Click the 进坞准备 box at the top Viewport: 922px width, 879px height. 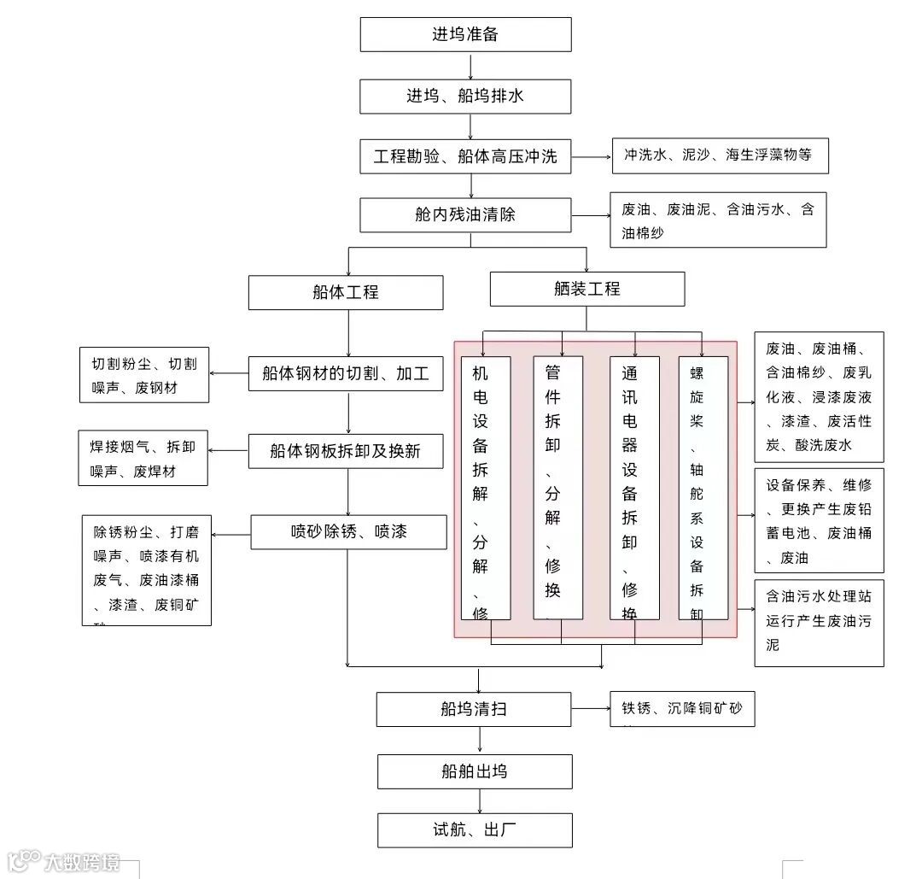click(465, 34)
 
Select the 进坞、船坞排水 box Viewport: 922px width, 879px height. click(465, 96)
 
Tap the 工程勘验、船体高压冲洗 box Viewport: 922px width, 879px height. click(465, 156)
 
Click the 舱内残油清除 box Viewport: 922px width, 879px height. click(465, 214)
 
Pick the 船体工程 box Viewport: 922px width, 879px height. click(346, 292)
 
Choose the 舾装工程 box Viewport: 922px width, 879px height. click(587, 289)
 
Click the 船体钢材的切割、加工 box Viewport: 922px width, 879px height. click(346, 373)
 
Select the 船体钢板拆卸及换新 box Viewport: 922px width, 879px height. click(346, 451)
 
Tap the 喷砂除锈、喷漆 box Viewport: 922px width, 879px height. click(348, 531)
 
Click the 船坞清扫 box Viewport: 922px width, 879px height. click(474, 709)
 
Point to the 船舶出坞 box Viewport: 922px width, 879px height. click(474, 771)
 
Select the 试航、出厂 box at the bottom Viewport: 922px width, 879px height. click(474, 829)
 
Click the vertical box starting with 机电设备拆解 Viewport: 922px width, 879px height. click(486, 487)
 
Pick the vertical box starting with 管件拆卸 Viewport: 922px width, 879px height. click(557, 487)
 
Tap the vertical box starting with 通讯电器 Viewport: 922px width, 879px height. click(634, 487)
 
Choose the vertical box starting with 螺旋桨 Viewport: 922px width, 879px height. click(703, 487)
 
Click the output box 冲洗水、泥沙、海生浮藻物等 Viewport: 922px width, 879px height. click(719, 155)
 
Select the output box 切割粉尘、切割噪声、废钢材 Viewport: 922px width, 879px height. click(143, 375)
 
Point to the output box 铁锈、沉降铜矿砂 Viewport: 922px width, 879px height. click(682, 709)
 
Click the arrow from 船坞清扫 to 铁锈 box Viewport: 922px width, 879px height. click(591, 708)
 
